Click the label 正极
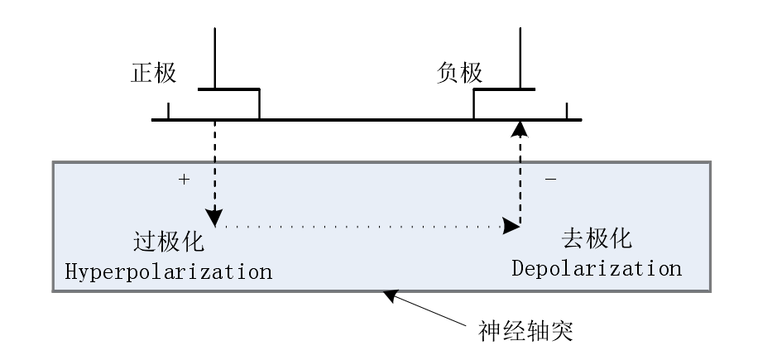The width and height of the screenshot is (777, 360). click(154, 73)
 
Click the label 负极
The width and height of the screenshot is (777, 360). click(459, 73)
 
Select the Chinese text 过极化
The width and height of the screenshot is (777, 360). click(168, 242)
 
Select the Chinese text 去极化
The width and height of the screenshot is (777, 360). click(597, 239)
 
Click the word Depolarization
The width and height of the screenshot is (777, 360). click(597, 269)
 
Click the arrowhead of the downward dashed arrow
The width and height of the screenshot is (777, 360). click(215, 220)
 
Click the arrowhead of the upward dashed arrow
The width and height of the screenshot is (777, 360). click(520, 127)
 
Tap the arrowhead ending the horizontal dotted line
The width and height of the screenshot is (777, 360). click(507, 225)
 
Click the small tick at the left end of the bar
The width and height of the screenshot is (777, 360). click(168, 111)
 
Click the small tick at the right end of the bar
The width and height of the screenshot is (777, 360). click(567, 111)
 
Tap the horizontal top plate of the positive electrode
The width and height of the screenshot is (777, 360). click(229, 88)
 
